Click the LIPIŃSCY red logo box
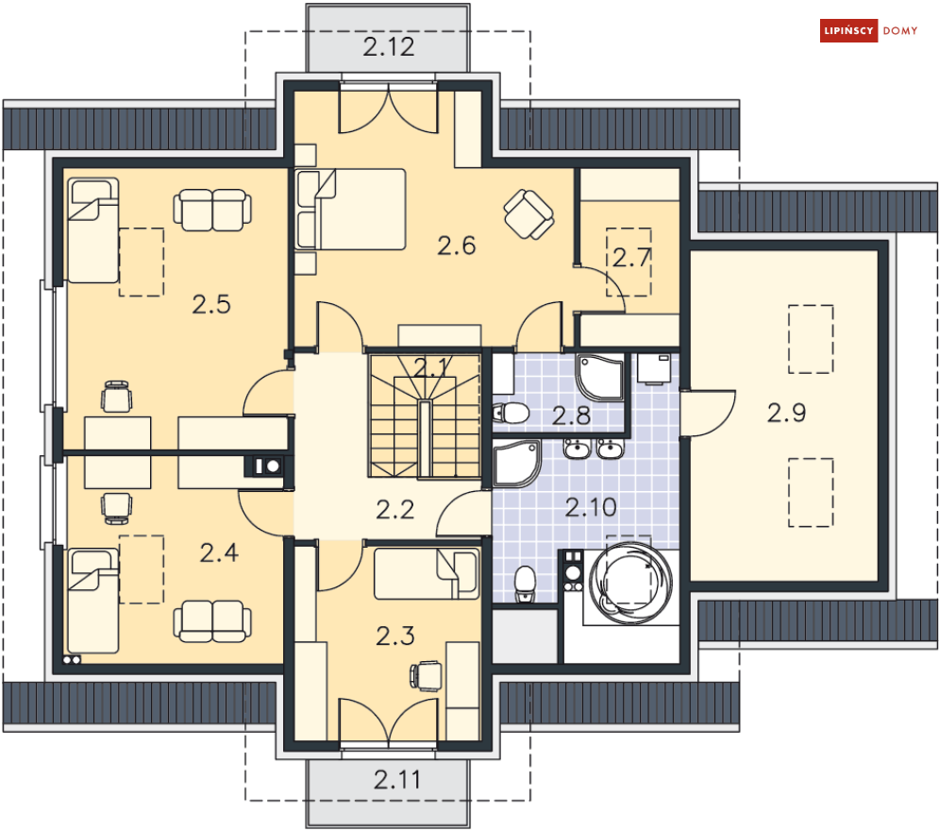(x=848, y=30)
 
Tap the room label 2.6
(x=457, y=246)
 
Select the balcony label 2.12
(x=389, y=46)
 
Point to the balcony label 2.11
(x=397, y=779)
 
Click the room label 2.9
(x=786, y=413)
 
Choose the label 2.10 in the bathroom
(x=591, y=507)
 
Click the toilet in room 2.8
(x=511, y=413)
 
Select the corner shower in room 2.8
(x=600, y=378)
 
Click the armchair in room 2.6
(x=528, y=214)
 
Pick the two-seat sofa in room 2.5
(x=212, y=210)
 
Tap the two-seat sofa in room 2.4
(x=212, y=621)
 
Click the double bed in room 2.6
(x=351, y=209)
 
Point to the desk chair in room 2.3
(x=427, y=676)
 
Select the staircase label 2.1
(x=431, y=367)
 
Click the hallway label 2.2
(x=395, y=510)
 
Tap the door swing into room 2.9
(x=708, y=414)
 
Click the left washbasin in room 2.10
(x=577, y=449)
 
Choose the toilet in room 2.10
(x=525, y=585)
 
